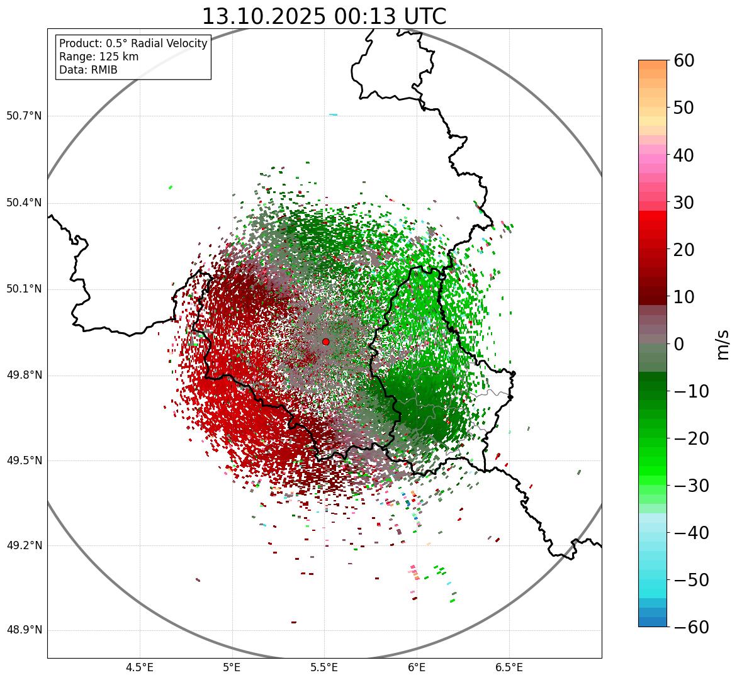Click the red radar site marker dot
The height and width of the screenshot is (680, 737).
coord(325,342)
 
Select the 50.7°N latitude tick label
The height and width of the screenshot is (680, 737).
coord(24,116)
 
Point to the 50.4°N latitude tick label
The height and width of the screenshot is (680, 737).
coord(24,203)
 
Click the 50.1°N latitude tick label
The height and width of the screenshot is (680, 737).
coord(24,289)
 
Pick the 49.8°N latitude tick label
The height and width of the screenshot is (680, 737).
coord(24,376)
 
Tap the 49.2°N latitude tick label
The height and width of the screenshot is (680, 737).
coord(24,545)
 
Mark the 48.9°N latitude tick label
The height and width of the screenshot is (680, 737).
coord(24,630)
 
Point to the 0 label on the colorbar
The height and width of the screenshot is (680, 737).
coord(679,344)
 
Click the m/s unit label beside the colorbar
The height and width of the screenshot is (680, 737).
coord(723,344)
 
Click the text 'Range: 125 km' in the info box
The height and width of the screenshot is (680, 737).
coord(99,57)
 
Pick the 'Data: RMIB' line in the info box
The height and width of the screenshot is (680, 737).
coord(88,70)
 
